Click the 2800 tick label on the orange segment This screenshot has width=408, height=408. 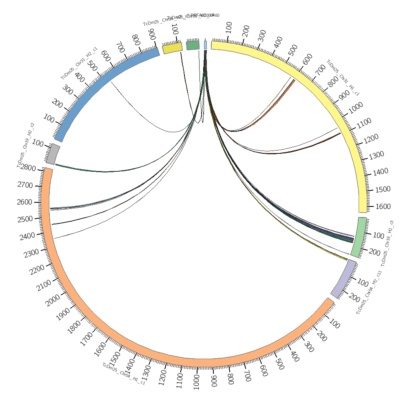click(28, 168)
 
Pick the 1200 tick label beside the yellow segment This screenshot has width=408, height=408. click(370, 137)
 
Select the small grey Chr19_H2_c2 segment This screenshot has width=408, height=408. click(53, 154)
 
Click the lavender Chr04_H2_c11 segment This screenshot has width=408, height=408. click(343, 279)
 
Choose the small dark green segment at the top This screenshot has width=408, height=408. click(193, 45)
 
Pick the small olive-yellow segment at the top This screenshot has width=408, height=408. click(172, 48)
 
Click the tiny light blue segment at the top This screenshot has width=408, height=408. click(205, 45)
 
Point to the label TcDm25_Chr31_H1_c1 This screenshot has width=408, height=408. click(343, 78)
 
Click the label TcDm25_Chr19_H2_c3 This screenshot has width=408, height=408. click(387, 243)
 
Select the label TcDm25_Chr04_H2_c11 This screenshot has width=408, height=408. click(369, 292)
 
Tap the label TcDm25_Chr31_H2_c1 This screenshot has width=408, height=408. click(79, 63)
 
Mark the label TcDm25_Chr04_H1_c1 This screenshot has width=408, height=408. click(124, 374)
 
